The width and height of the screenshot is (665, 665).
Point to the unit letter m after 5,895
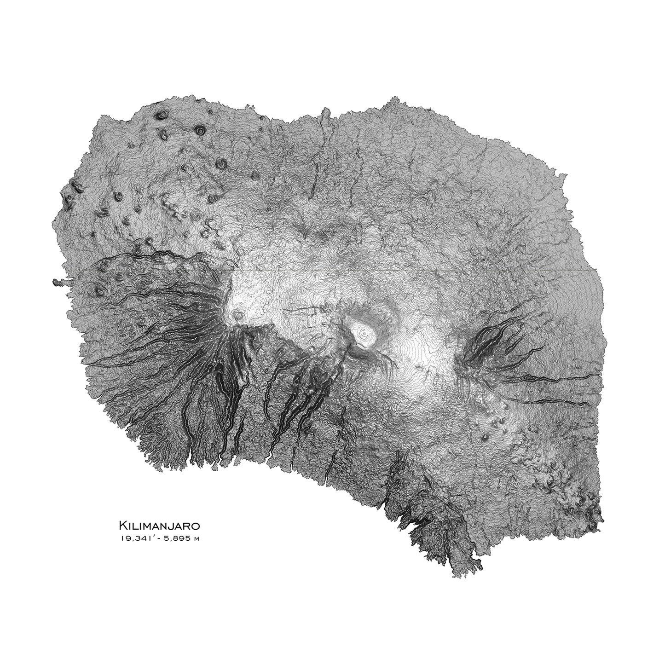point(197,539)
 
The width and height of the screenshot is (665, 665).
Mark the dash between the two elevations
point(162,538)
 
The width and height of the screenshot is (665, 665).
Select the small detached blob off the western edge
point(58,282)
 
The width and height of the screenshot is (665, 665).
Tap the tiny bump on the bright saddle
point(418,366)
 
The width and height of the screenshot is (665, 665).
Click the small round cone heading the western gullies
point(238,315)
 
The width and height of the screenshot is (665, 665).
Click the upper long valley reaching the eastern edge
point(552,377)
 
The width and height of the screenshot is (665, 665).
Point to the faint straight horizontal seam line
point(414,271)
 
